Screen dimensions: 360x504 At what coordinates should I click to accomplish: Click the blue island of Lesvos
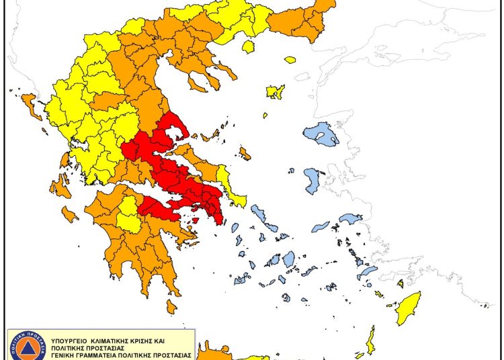tap(321, 134)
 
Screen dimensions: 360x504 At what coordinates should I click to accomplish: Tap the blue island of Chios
tap(312, 181)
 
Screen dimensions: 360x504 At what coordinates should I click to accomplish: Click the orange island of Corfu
tap(30, 104)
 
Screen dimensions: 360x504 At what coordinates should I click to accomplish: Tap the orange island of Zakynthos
tap(69, 214)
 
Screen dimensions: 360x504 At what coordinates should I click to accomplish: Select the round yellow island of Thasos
tap(249, 46)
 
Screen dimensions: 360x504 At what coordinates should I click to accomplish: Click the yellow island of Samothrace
tap(290, 60)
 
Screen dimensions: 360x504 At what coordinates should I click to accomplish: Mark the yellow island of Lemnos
tap(275, 91)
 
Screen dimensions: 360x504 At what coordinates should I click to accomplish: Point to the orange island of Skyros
tap(245, 154)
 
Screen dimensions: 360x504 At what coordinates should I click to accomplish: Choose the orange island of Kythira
tap(171, 306)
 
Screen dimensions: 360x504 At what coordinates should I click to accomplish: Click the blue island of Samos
tap(351, 219)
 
